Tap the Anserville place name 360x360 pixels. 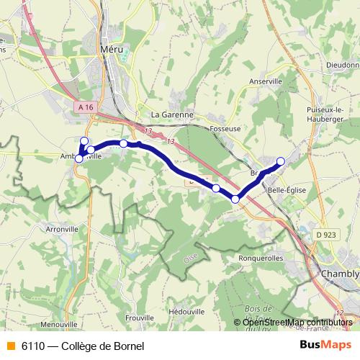click(x=266, y=82)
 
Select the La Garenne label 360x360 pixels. click(x=172, y=114)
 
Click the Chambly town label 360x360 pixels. click(x=339, y=274)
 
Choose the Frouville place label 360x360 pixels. click(x=140, y=317)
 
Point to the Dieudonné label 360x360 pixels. click(x=342, y=64)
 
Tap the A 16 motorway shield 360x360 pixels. click(x=86, y=107)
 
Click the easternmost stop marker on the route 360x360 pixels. click(x=281, y=161)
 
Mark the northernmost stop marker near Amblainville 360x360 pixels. click(x=84, y=141)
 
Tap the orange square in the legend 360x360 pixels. click(x=11, y=346)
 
